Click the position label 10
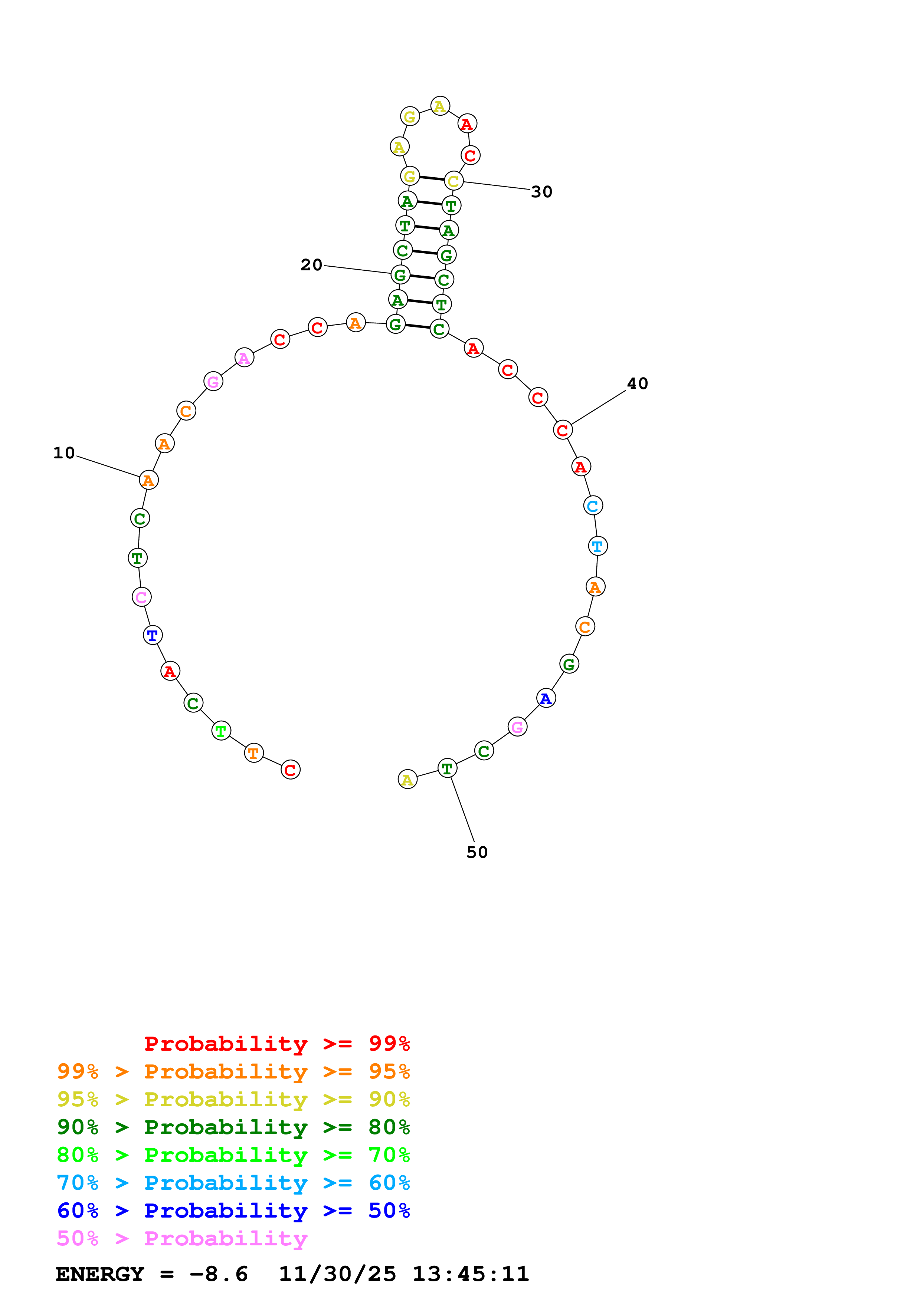64,453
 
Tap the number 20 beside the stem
311,265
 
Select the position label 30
541,192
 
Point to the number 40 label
637,383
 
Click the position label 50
477,852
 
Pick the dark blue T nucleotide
153,635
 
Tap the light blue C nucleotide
593,505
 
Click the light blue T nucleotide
597,546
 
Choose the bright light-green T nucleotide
221,731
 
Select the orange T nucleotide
254,753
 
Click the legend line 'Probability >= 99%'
276,1043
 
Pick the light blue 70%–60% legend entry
233,1183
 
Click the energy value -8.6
219,1274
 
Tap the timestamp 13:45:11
471,1274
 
